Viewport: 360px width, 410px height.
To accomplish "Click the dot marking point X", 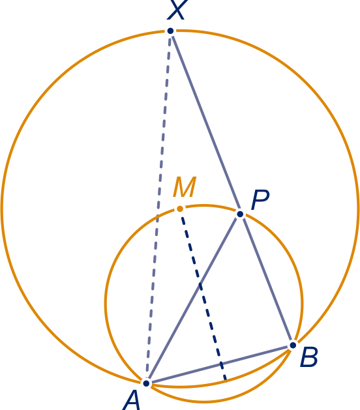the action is [170, 31].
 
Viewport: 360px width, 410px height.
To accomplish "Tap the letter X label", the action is [177, 9].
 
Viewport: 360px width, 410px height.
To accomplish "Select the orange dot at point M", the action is [180, 209].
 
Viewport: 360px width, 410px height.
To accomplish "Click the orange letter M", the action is [185, 186].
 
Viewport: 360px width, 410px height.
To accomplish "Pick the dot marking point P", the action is [240, 214].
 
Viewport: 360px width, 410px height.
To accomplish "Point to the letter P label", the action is [260, 200].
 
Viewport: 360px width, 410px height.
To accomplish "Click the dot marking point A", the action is [146, 383].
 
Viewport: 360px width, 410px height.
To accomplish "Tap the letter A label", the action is [131, 400].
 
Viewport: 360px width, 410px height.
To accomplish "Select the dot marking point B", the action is [293, 345].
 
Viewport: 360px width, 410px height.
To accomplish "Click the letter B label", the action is [309, 357].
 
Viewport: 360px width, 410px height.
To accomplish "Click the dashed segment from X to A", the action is [158, 207].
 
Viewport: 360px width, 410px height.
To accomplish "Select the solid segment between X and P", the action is [205, 123].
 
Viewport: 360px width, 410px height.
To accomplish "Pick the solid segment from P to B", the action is [266, 280].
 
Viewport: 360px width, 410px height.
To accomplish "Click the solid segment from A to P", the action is [193, 299].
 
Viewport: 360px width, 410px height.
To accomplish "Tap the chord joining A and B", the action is [220, 364].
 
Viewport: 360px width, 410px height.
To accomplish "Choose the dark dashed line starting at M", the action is [203, 295].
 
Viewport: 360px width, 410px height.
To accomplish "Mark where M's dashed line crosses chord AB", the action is [222, 364].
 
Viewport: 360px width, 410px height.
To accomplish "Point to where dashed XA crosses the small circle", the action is [158, 216].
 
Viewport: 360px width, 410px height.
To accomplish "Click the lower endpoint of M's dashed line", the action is [226, 381].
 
